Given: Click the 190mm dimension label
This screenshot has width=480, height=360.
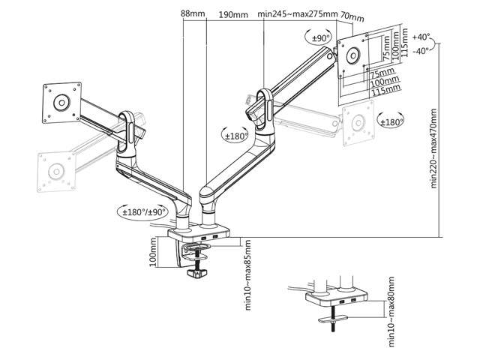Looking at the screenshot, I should click(234, 14).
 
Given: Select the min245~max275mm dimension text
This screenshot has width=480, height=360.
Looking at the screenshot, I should click(295, 13).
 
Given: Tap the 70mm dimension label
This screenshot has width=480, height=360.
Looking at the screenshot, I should click(352, 16).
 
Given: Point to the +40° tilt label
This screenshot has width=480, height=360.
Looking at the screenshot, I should click(421, 36).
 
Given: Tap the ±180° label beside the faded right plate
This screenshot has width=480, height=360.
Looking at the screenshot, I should click(390, 122).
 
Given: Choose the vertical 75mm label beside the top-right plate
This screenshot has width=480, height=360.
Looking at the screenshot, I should click(385, 56).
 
